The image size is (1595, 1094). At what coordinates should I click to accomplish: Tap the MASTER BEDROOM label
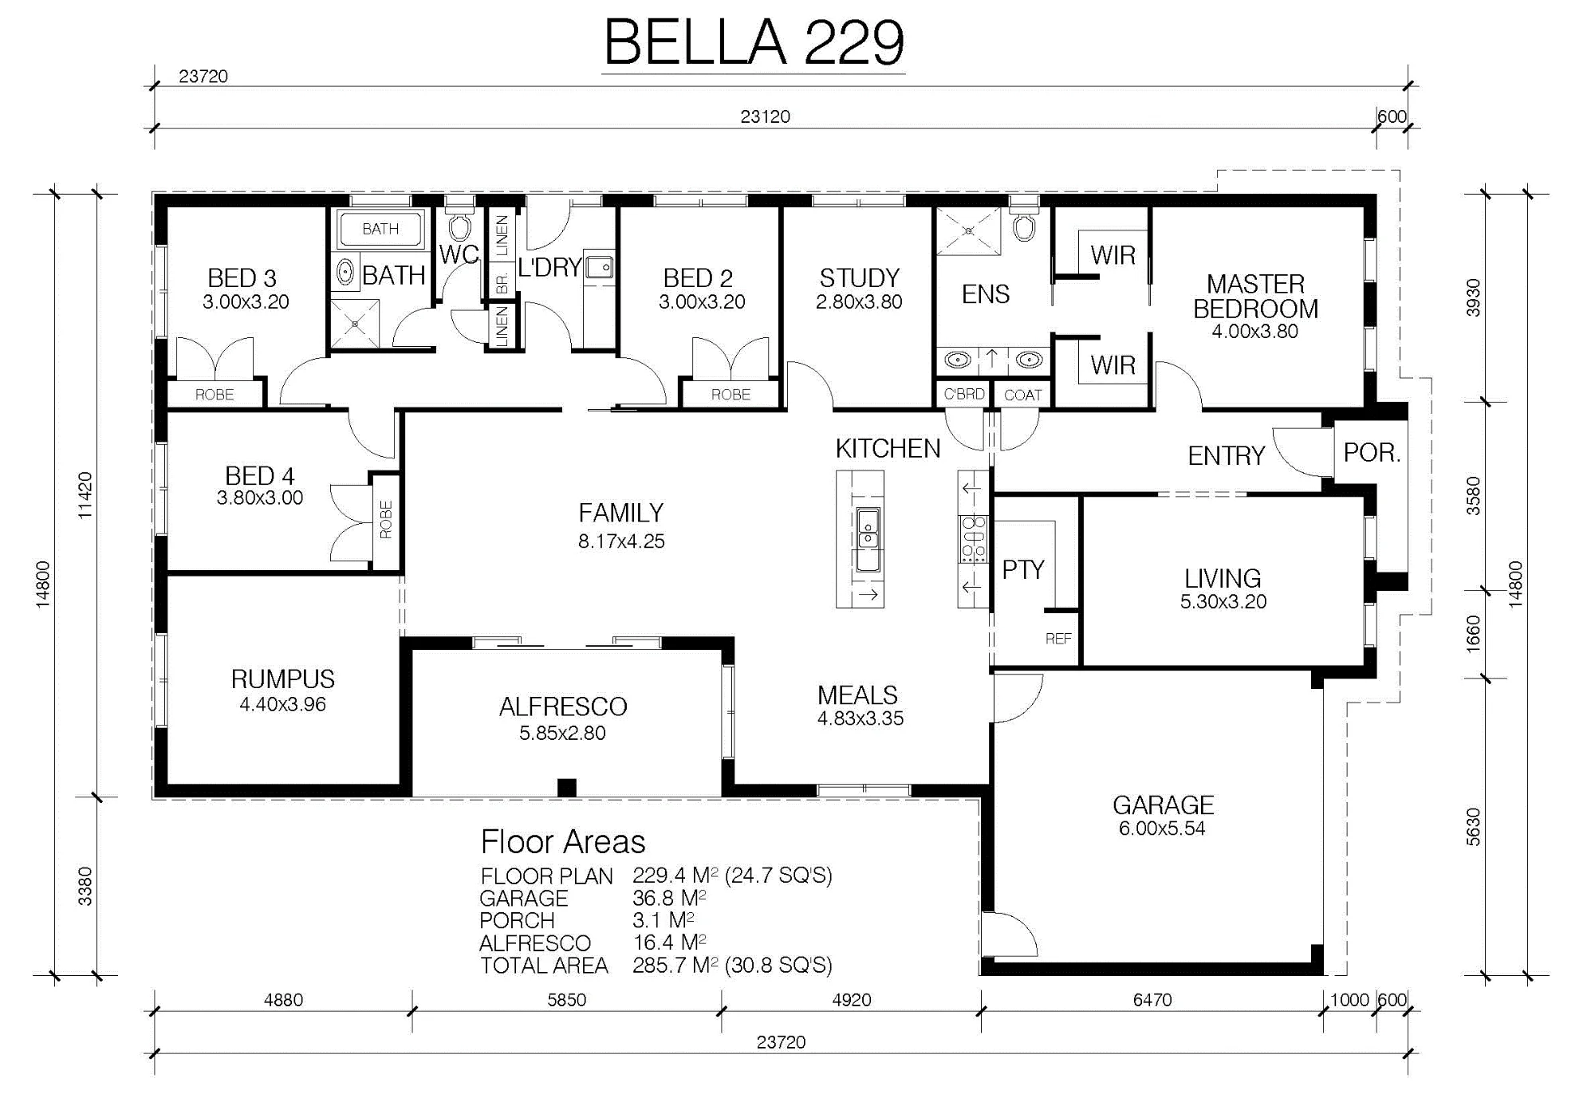[x=1255, y=296]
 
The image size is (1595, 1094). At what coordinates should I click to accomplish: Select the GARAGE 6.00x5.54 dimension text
[x=1162, y=828]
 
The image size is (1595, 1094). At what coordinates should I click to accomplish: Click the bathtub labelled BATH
[x=380, y=229]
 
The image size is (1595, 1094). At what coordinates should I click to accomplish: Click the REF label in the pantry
[x=1058, y=639]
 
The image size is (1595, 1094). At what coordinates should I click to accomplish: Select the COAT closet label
[x=1022, y=395]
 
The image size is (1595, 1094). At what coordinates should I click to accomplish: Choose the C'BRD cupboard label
[x=963, y=394]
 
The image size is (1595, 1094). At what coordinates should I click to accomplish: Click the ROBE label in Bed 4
[x=386, y=520]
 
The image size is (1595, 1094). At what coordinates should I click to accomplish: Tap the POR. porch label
[x=1372, y=452]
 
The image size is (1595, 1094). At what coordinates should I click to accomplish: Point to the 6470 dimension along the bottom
[x=1152, y=1000]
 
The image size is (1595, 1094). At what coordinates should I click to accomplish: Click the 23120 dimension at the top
[x=765, y=116]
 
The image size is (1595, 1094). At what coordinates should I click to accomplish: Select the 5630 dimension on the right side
[x=1473, y=827]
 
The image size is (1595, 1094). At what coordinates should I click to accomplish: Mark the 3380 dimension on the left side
[x=85, y=886]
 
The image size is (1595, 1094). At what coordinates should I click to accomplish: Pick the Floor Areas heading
[x=563, y=842]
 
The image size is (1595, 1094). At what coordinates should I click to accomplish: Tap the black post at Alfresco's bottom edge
[x=566, y=787]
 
